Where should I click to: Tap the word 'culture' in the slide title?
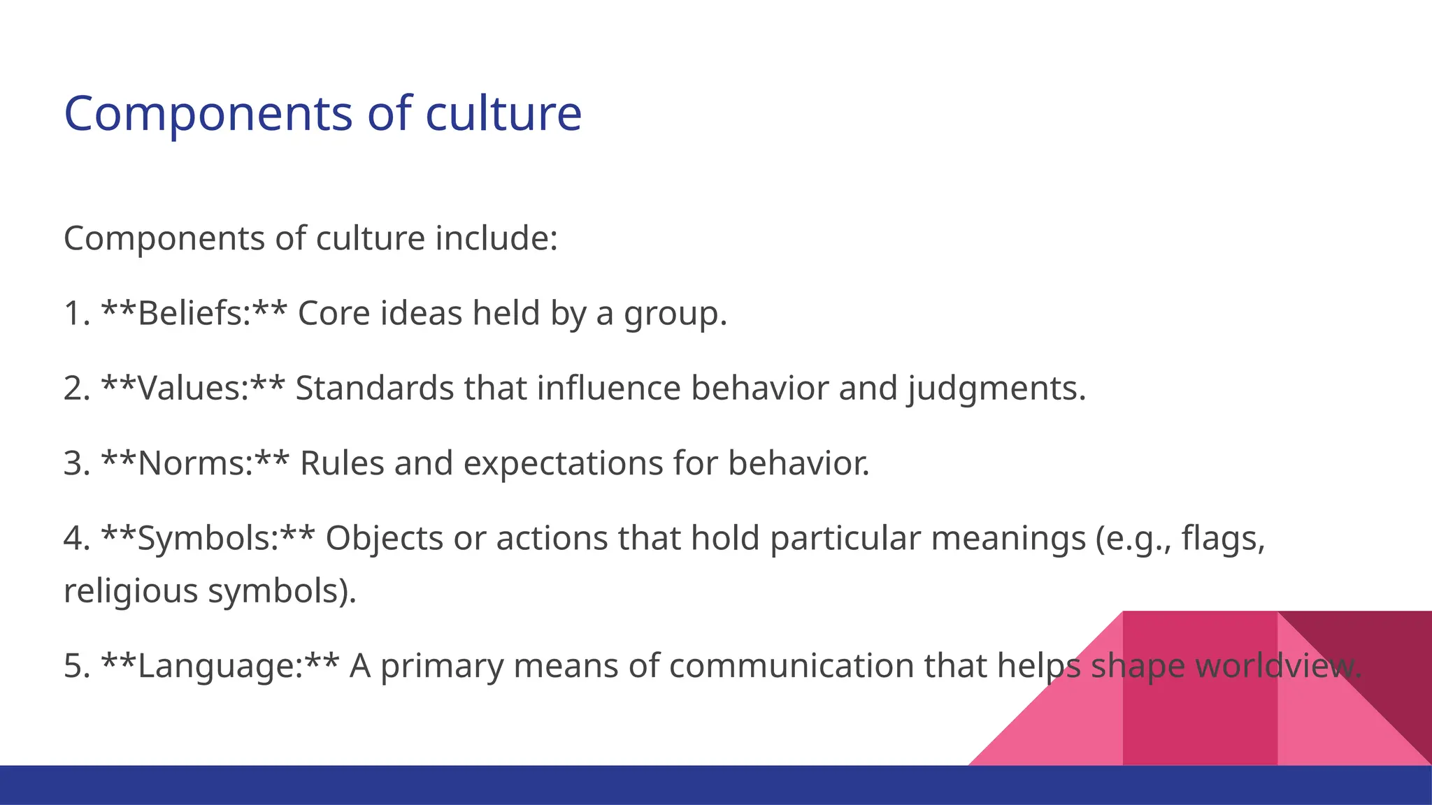pyautogui.click(x=503, y=114)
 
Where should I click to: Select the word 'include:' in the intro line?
pyautogui.click(x=496, y=238)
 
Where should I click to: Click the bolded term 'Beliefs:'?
pyautogui.click(x=194, y=313)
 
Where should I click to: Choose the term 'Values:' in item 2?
pyautogui.click(x=193, y=389)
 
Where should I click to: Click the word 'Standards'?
pyautogui.click(x=375, y=389)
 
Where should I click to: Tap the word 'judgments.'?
pyautogui.click(x=997, y=389)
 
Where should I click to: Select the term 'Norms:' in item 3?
pyautogui.click(x=195, y=463)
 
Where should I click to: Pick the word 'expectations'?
pyautogui.click(x=563, y=463)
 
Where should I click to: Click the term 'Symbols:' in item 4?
pyautogui.click(x=208, y=538)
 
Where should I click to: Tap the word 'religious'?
pyautogui.click(x=131, y=590)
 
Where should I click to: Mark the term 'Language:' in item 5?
pyautogui.click(x=220, y=666)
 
